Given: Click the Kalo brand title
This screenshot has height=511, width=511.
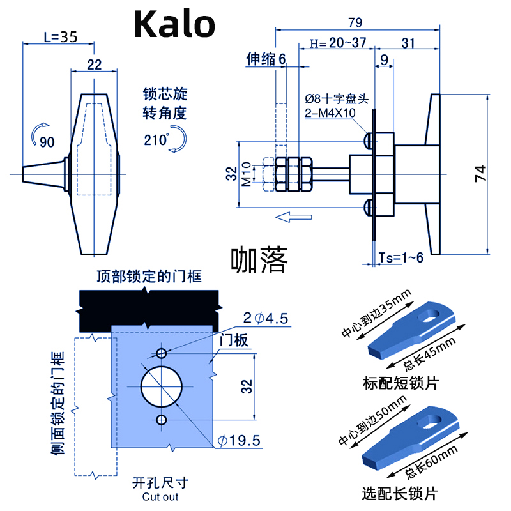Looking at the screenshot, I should [x=174, y=25].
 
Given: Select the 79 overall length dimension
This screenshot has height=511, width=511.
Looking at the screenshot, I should [x=355, y=22].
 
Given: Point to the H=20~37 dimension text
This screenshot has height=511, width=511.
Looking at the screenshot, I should [x=337, y=43].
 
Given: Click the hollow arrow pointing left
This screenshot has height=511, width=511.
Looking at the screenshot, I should [x=294, y=218].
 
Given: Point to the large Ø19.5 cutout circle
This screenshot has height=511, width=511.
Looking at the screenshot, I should [x=162, y=386].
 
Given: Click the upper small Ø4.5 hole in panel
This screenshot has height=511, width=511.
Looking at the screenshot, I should [x=162, y=353].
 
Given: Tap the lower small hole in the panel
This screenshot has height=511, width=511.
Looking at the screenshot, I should [x=162, y=420].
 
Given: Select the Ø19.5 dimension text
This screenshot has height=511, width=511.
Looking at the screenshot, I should [x=238, y=441].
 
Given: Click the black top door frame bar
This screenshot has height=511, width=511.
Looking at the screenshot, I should [x=148, y=308].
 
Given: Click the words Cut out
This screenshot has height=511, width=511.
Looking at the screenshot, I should [x=156, y=497].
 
